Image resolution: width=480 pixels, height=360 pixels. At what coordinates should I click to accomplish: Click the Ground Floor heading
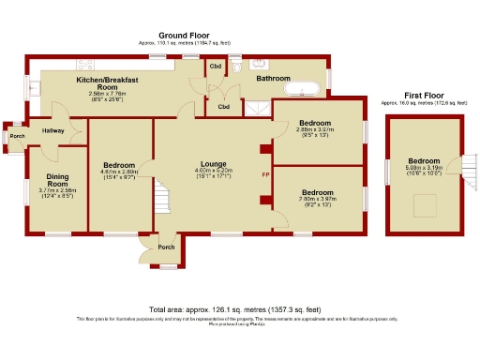[x=188, y=34]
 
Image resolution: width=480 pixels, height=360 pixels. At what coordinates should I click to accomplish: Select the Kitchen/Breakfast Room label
[x=108, y=83]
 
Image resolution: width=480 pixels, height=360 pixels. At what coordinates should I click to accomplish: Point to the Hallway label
[x=52, y=130]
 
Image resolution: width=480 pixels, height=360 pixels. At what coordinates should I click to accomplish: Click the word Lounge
[x=213, y=163]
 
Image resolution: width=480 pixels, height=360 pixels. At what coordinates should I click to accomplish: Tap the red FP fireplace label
[x=265, y=175]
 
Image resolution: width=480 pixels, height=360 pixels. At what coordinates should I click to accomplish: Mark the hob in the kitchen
[x=85, y=64]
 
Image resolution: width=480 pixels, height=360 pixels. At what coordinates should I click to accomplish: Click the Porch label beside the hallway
[x=17, y=136]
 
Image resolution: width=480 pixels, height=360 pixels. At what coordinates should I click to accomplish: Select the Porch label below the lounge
[x=166, y=247]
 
